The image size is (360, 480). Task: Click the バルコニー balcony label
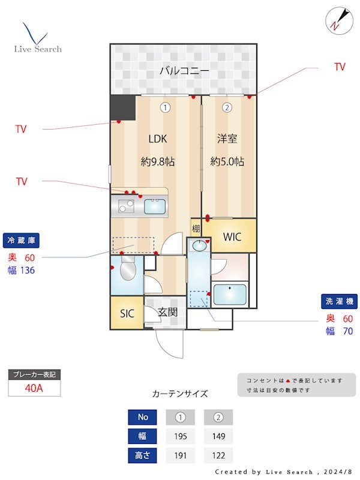coord(184,71)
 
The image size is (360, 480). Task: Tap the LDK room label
coord(158,139)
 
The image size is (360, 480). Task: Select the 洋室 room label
coord(227,139)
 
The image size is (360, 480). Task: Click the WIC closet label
coord(232,237)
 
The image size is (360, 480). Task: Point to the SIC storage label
coord(127,314)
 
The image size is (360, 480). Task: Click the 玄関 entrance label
coord(167,312)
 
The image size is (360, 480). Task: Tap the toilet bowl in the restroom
coord(128,272)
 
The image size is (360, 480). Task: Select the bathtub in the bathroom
coord(230,295)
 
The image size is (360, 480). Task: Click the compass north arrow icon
coord(337,20)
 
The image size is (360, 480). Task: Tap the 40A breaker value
coord(34,388)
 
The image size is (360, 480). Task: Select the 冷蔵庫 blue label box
coord(21,240)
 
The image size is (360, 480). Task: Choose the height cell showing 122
coord(218,455)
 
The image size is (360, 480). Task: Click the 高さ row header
coord(143,455)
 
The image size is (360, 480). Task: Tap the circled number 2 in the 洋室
coord(227,108)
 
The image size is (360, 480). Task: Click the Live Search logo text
coord(38,49)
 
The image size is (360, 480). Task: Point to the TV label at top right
coord(340,67)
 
